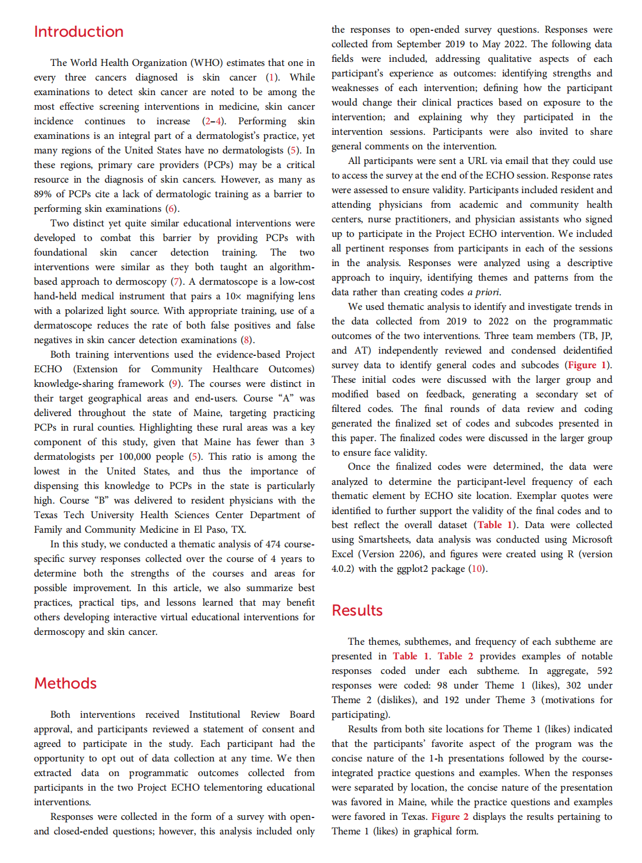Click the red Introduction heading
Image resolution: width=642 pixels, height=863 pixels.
(x=79, y=32)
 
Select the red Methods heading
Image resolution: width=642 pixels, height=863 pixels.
(x=65, y=683)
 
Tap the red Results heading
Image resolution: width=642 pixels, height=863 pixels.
(x=357, y=610)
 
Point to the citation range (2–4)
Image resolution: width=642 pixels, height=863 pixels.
(x=214, y=121)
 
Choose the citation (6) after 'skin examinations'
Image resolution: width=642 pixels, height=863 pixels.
(x=171, y=209)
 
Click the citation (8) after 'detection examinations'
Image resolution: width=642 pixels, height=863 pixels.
(x=247, y=340)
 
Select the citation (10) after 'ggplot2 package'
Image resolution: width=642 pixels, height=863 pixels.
(x=477, y=569)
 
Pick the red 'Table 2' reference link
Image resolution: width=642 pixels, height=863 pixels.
(x=455, y=656)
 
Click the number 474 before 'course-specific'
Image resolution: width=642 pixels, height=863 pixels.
(x=273, y=544)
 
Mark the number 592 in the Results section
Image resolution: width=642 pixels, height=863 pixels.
(x=604, y=671)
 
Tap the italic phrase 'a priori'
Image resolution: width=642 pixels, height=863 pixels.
(x=483, y=292)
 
